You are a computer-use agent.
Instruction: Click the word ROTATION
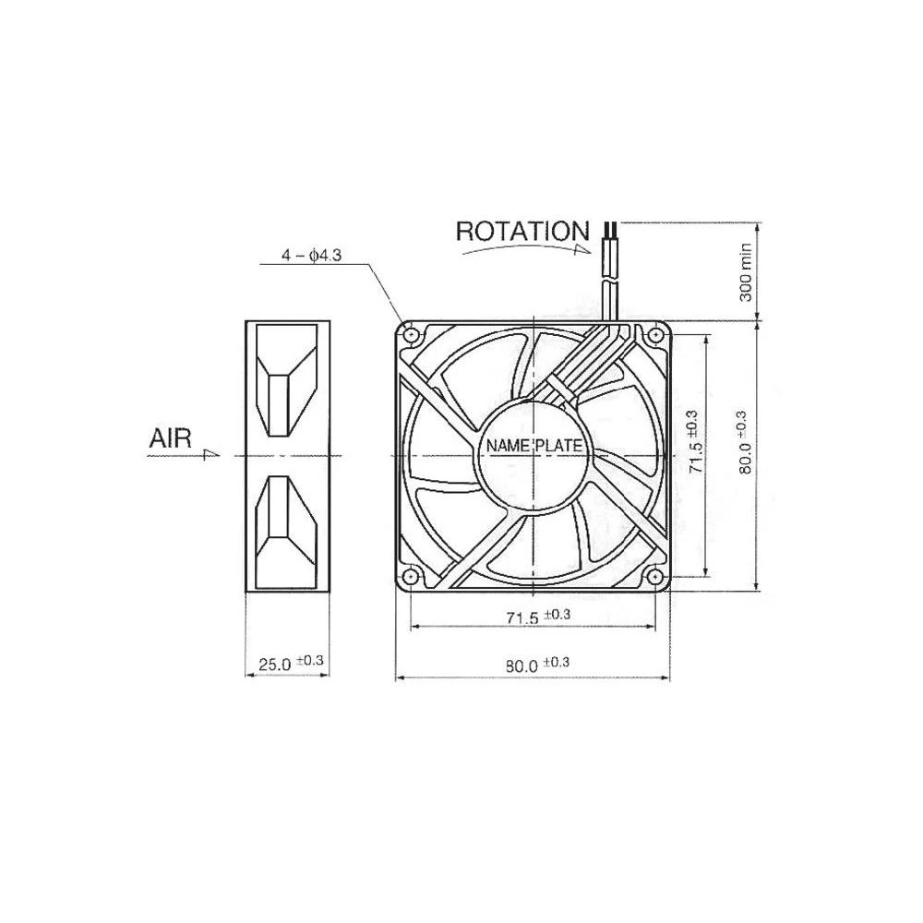(521, 231)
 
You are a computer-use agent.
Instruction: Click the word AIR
(170, 439)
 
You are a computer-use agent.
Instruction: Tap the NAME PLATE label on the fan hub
(534, 446)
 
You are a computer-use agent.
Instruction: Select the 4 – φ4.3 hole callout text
(311, 256)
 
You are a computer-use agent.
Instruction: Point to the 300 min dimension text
(746, 273)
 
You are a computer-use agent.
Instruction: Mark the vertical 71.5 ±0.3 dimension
(695, 442)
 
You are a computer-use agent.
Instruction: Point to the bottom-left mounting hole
(411, 577)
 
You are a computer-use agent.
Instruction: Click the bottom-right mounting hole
(655, 577)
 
